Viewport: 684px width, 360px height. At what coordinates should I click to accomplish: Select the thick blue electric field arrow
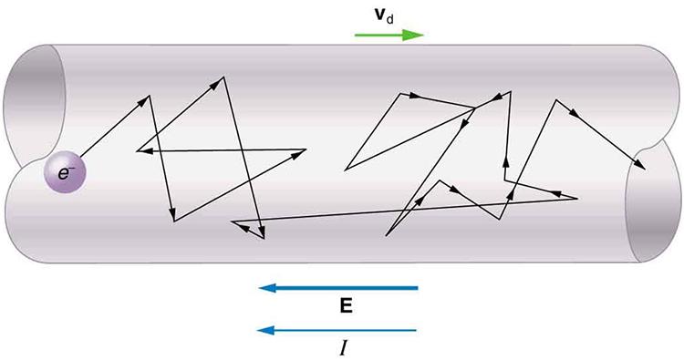338,289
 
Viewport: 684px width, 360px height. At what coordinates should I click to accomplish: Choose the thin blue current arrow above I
338,329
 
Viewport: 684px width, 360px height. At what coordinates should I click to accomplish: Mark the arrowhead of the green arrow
418,36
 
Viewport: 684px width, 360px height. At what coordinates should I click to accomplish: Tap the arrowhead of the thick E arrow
266,289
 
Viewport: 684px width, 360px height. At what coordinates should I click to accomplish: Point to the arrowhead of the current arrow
265,329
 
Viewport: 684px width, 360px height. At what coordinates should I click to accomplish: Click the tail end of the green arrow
358,36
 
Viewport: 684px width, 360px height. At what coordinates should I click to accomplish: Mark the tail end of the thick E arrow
417,289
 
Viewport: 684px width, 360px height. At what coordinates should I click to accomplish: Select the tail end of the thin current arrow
417,329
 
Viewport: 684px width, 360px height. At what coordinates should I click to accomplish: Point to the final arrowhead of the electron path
642,167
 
